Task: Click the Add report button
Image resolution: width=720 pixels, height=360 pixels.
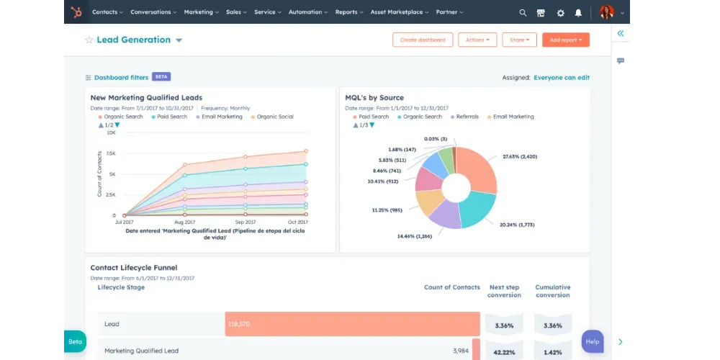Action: click(x=566, y=40)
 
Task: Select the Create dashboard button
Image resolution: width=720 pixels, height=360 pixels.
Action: click(x=423, y=40)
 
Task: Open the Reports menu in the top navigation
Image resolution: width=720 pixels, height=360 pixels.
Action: click(x=349, y=12)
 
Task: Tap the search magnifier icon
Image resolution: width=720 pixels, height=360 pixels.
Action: click(x=523, y=13)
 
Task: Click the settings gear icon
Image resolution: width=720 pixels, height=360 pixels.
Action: click(x=560, y=13)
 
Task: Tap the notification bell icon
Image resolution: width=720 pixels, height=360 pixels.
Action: click(x=578, y=13)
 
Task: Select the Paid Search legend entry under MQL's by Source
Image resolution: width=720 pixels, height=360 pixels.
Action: click(x=371, y=117)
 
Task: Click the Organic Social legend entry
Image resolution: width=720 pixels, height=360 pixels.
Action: click(x=272, y=117)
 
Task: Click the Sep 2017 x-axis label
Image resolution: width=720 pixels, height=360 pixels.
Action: click(x=246, y=222)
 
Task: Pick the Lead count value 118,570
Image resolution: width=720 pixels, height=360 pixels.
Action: click(x=239, y=324)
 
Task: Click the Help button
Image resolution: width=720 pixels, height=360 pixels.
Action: click(x=593, y=341)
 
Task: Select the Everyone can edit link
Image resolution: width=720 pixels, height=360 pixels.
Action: click(x=562, y=78)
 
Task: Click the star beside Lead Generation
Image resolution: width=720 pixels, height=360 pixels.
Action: click(x=89, y=40)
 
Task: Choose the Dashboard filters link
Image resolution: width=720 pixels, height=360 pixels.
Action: click(x=121, y=78)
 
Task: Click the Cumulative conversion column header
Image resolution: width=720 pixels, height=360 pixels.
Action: click(x=553, y=291)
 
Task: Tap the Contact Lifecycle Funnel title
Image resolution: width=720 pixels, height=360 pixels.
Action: click(x=134, y=268)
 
